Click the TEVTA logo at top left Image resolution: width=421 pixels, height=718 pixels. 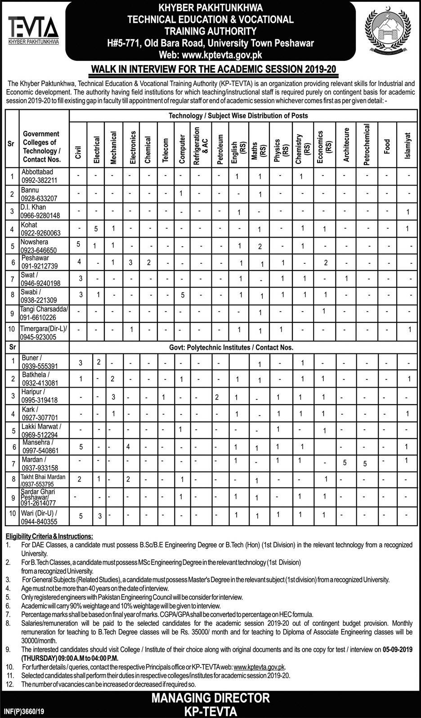[33, 30]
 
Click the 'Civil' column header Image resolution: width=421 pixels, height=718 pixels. [78, 152]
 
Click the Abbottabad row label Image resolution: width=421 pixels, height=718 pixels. [37, 172]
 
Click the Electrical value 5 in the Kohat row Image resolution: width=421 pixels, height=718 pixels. [96, 229]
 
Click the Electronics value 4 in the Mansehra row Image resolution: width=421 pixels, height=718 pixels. [128, 447]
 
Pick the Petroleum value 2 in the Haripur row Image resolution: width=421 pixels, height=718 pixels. [217, 397]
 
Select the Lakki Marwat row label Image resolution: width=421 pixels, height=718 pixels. [41, 426]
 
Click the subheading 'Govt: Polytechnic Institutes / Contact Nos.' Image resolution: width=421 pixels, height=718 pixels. [231, 347]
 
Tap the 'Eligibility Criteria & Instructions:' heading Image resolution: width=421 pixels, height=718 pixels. [49, 537]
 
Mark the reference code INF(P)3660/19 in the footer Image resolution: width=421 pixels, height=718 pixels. [26, 712]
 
